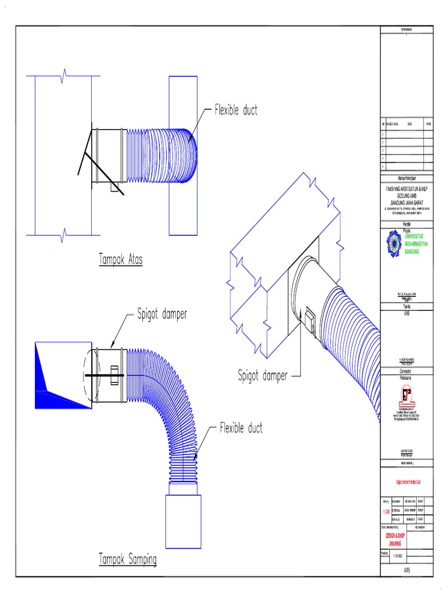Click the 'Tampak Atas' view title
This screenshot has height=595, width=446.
[120, 260]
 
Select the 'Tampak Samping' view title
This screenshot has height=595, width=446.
[127, 560]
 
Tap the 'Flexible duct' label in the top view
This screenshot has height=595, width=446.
[236, 110]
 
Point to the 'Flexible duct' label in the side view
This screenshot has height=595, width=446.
[240, 428]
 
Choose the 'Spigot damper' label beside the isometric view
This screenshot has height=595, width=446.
[262, 376]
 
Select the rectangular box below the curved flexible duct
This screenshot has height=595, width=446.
[184, 521]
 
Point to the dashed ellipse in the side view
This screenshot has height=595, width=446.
[88, 375]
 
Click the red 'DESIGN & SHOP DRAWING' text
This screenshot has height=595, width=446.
[393, 540]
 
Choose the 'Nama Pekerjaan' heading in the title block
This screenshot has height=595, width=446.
[406, 178]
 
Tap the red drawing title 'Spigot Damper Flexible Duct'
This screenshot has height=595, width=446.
[406, 482]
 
